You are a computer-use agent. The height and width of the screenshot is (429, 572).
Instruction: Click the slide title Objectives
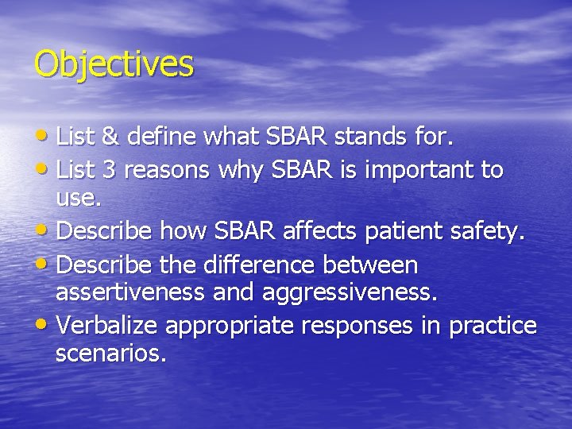click(x=114, y=64)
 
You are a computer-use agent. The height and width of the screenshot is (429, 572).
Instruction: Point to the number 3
click(x=110, y=169)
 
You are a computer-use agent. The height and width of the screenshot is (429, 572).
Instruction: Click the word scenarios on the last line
click(x=110, y=354)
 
